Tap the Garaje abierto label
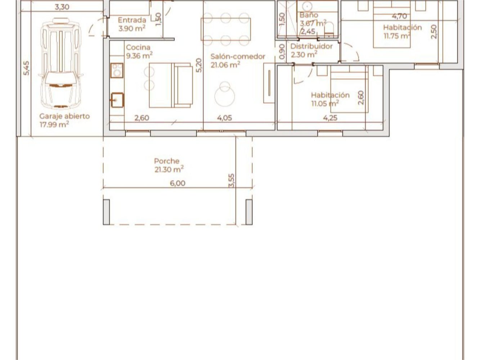64,116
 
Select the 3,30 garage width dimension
62,6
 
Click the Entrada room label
132,20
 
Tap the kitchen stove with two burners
117,71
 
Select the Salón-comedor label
238,57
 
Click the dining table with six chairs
225,29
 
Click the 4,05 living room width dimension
225,118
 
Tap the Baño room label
309,15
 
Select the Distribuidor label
311,46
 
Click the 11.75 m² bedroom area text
397,36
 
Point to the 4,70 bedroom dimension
399,16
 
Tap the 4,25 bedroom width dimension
330,118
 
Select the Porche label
167,161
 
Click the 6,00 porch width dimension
178,183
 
